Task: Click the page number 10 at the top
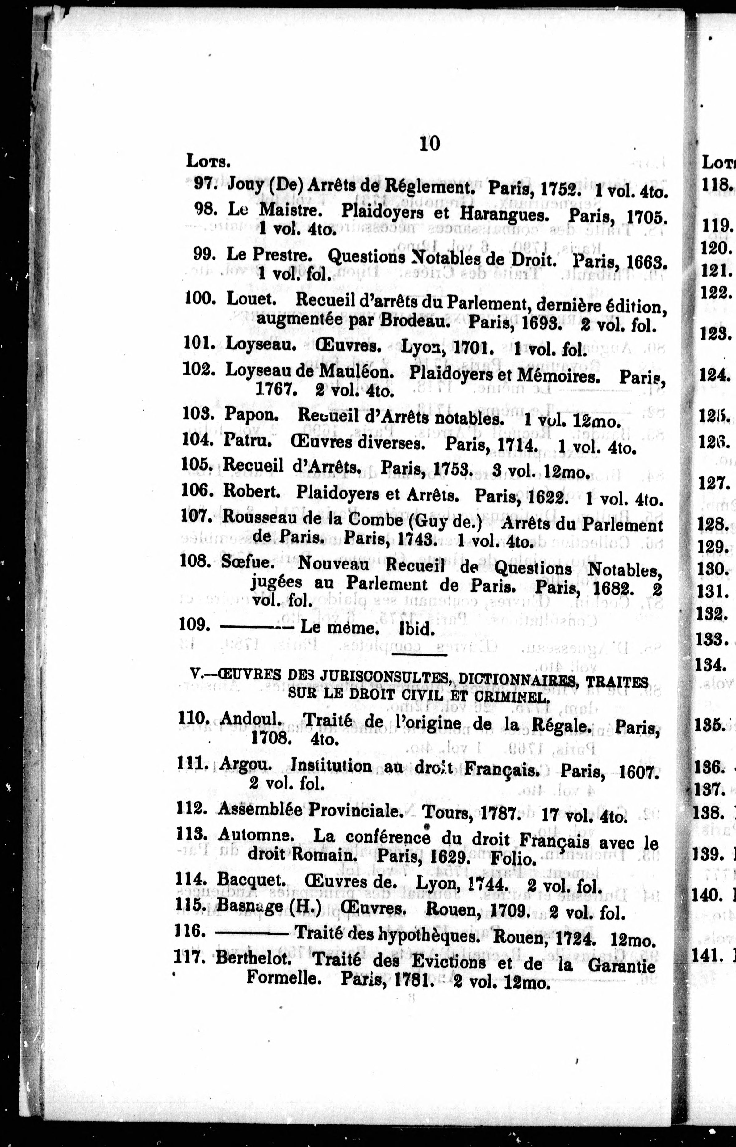[x=429, y=143]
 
